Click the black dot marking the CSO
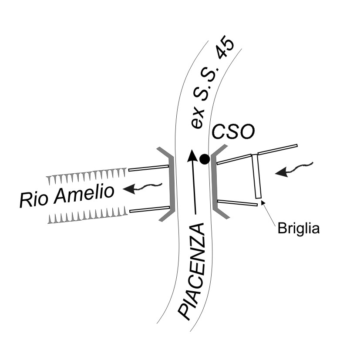tap(204, 159)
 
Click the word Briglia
tap(299, 228)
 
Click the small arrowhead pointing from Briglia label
tap(262, 202)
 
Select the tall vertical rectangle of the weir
tap(257, 175)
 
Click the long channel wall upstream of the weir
tap(277, 149)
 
